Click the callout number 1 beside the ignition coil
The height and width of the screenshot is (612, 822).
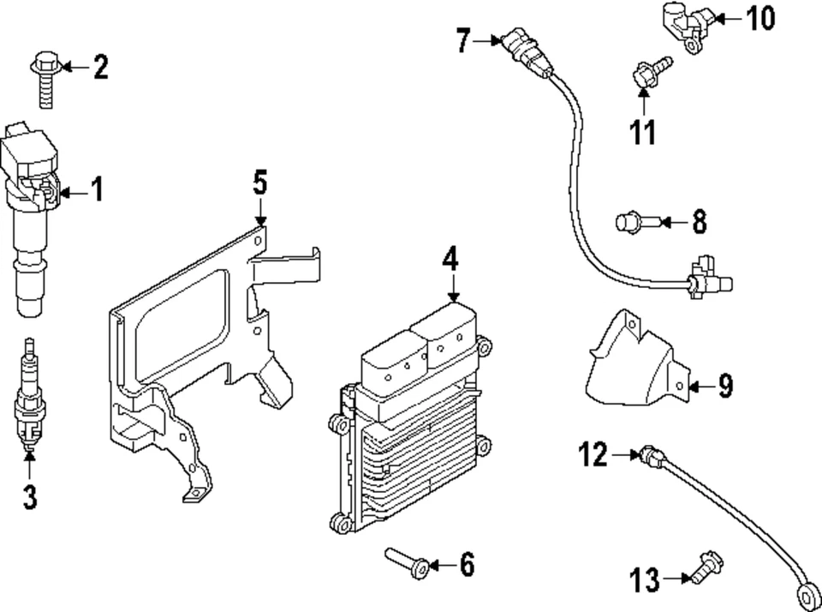tap(97, 189)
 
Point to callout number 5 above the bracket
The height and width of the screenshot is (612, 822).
tap(260, 183)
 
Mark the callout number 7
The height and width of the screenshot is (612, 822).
tap(463, 40)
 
